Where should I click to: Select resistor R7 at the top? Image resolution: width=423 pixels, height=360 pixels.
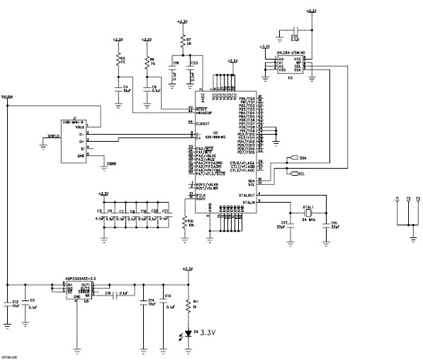pyautogui.click(x=183, y=41)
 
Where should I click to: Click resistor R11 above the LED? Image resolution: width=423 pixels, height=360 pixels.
pyautogui.click(x=187, y=305)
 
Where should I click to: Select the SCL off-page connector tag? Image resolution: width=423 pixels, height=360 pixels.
pyautogui.click(x=297, y=172)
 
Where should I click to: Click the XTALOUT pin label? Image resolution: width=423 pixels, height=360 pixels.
pyautogui.click(x=248, y=194)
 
